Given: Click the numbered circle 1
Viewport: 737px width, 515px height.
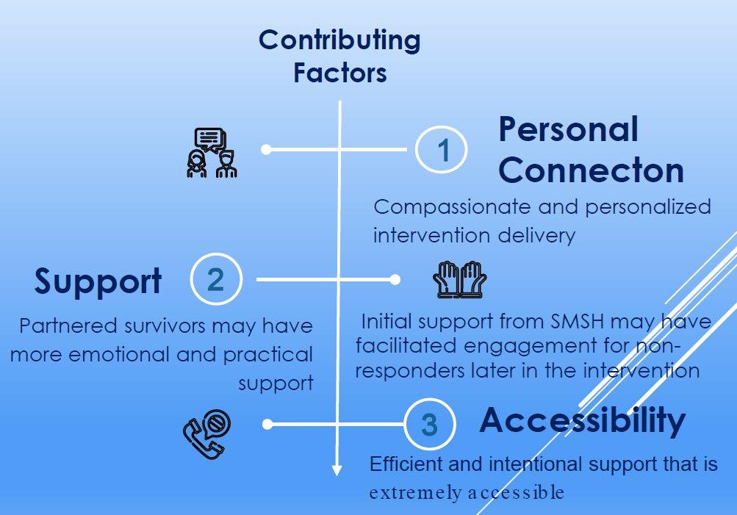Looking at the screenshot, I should (x=442, y=149).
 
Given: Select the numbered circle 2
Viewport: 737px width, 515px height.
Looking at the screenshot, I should (x=215, y=280).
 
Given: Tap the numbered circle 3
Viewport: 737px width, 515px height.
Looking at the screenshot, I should (x=430, y=425).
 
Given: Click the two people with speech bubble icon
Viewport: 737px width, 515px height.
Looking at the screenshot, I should (x=212, y=153).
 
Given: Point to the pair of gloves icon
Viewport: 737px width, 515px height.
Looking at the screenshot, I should (x=459, y=280).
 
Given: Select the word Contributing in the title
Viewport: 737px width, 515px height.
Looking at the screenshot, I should (x=339, y=40).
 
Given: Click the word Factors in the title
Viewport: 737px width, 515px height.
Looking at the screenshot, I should (x=339, y=73).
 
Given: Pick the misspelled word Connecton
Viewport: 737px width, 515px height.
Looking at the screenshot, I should (x=591, y=170).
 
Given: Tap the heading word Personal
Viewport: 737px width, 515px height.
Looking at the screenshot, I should (x=568, y=130).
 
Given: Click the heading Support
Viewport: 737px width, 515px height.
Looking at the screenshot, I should (x=98, y=281).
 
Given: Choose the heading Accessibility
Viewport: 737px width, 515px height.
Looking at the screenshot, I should (x=582, y=420).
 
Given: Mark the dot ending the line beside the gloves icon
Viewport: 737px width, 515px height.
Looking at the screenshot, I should (x=395, y=280).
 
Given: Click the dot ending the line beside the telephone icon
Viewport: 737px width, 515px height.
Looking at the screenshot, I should (x=268, y=424).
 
